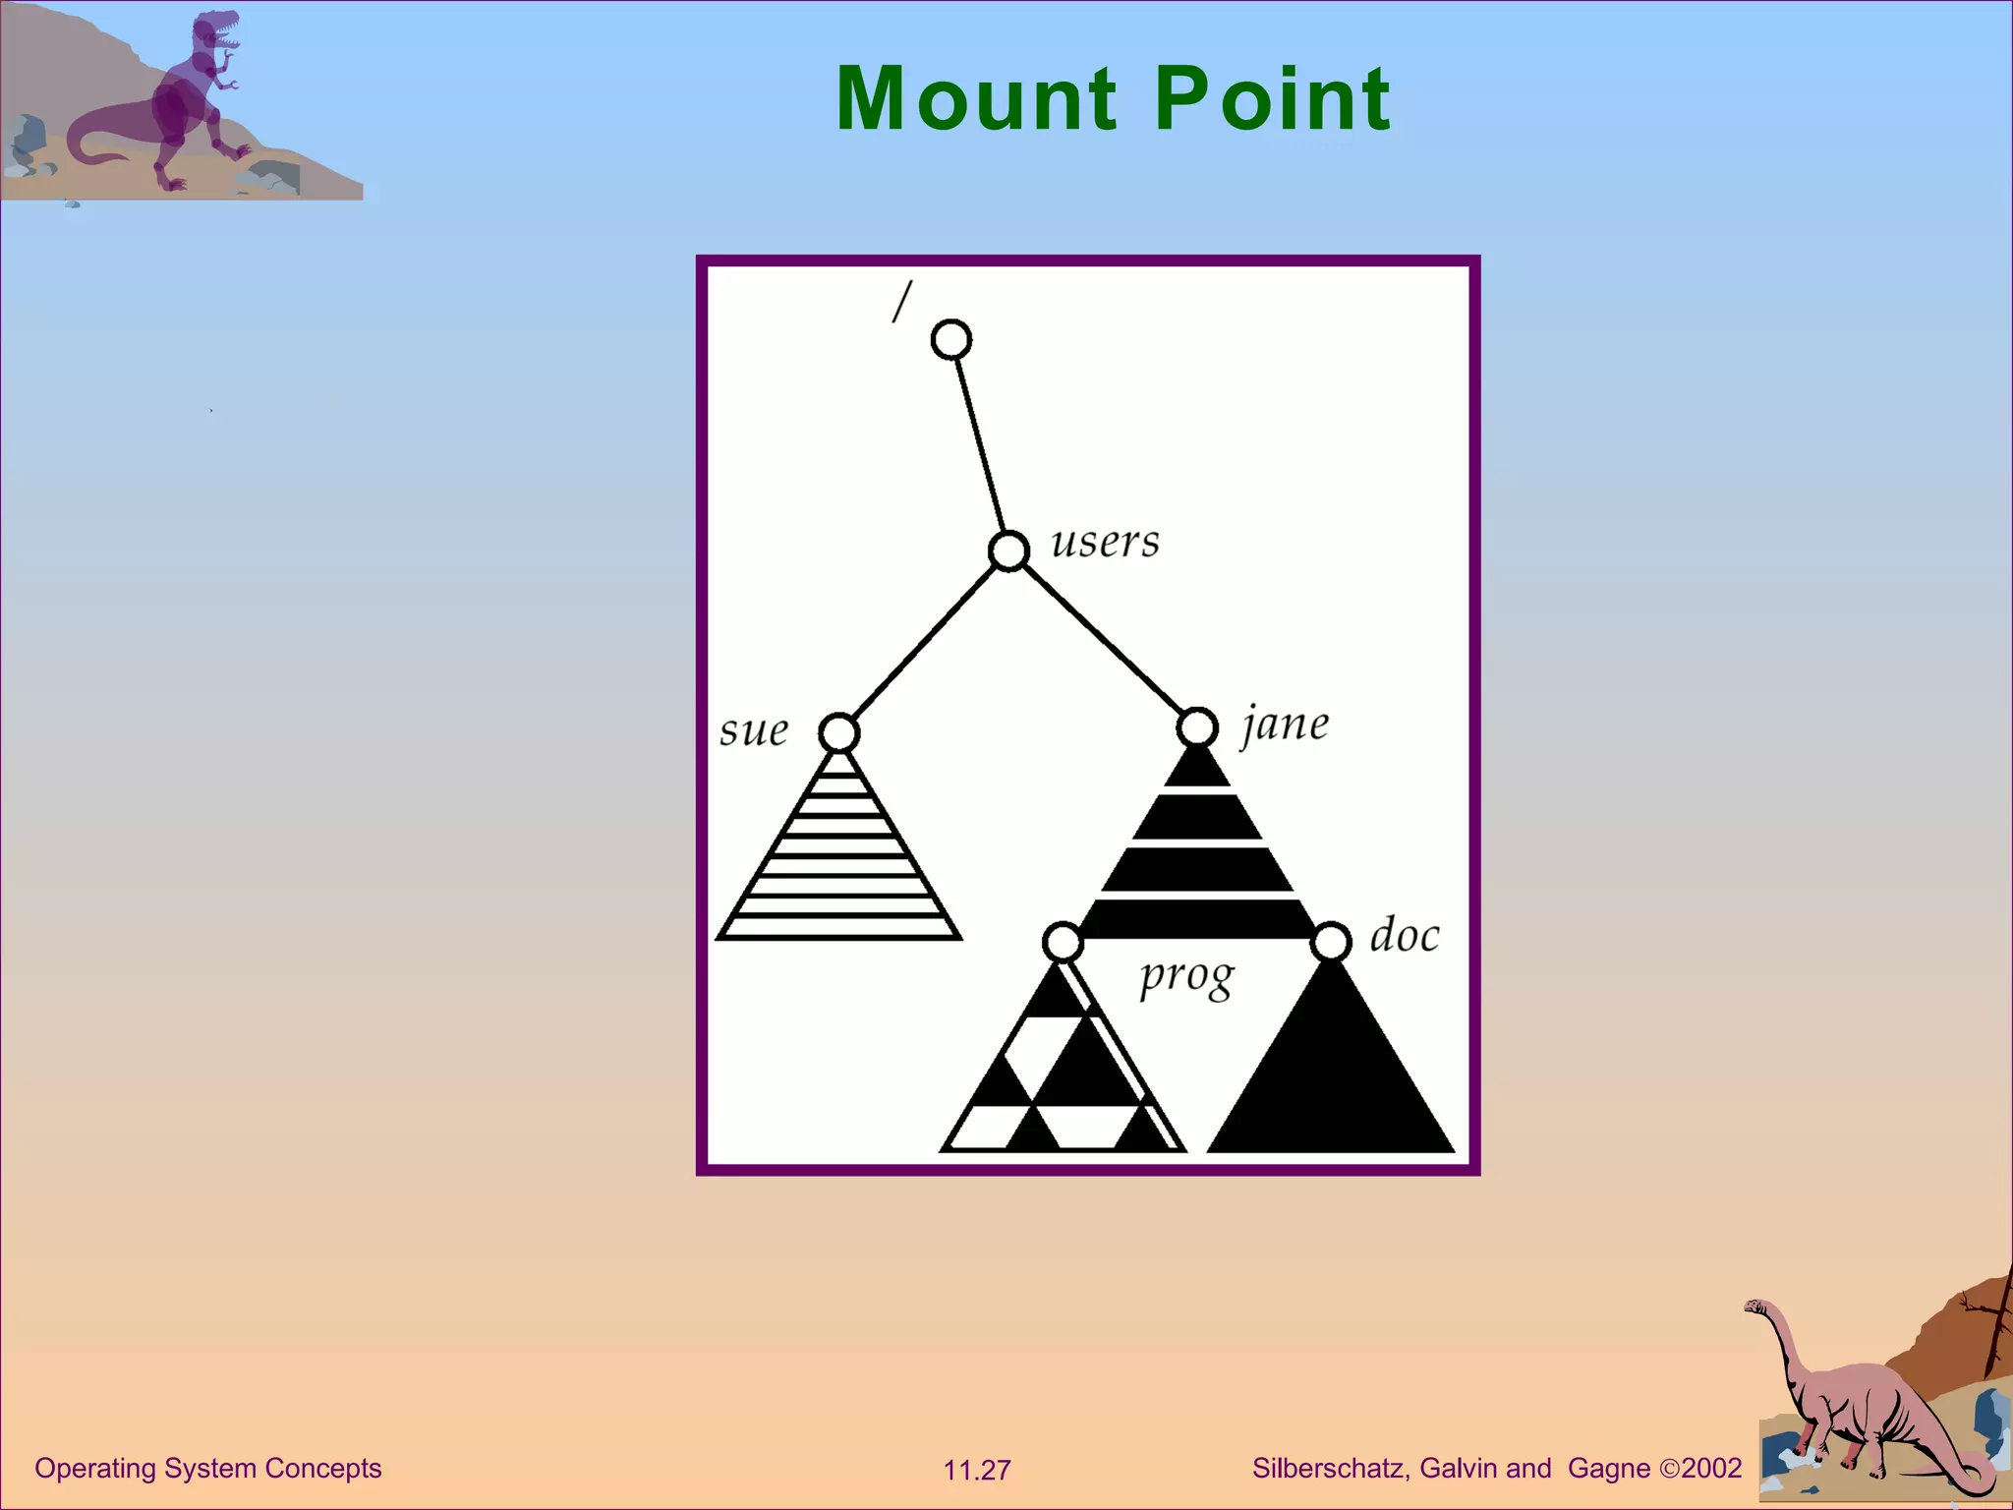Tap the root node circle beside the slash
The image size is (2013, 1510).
point(951,340)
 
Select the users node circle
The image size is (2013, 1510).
point(1008,551)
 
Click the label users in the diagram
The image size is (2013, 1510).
point(1105,542)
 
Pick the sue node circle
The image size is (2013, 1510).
point(838,732)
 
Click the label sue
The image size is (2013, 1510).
point(754,730)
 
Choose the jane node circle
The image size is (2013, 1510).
point(1197,727)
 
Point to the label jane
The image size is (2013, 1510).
point(1286,726)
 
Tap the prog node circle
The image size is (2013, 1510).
point(1063,942)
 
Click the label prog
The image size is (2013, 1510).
point(1185,978)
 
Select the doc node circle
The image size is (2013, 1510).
point(1331,941)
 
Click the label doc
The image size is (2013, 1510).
point(1405,935)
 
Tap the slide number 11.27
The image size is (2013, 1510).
point(977,1471)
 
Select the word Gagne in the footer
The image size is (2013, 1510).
point(1609,1469)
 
